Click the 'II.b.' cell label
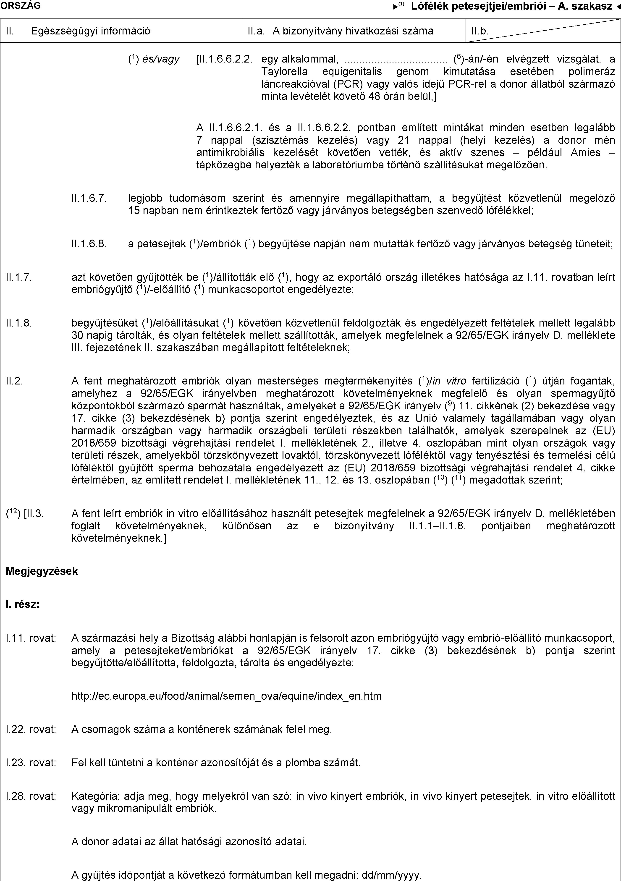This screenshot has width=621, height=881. pyautogui.click(x=480, y=31)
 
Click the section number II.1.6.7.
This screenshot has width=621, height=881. pyautogui.click(x=89, y=198)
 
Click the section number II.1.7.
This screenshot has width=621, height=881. pyautogui.click(x=19, y=277)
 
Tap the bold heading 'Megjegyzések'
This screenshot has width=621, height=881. pyautogui.click(x=42, y=571)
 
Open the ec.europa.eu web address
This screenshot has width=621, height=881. pyautogui.click(x=226, y=696)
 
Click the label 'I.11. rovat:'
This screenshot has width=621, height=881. pyautogui.click(x=31, y=638)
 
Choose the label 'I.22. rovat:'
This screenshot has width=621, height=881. pyautogui.click(x=31, y=729)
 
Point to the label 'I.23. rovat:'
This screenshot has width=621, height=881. pyautogui.click(x=31, y=762)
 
